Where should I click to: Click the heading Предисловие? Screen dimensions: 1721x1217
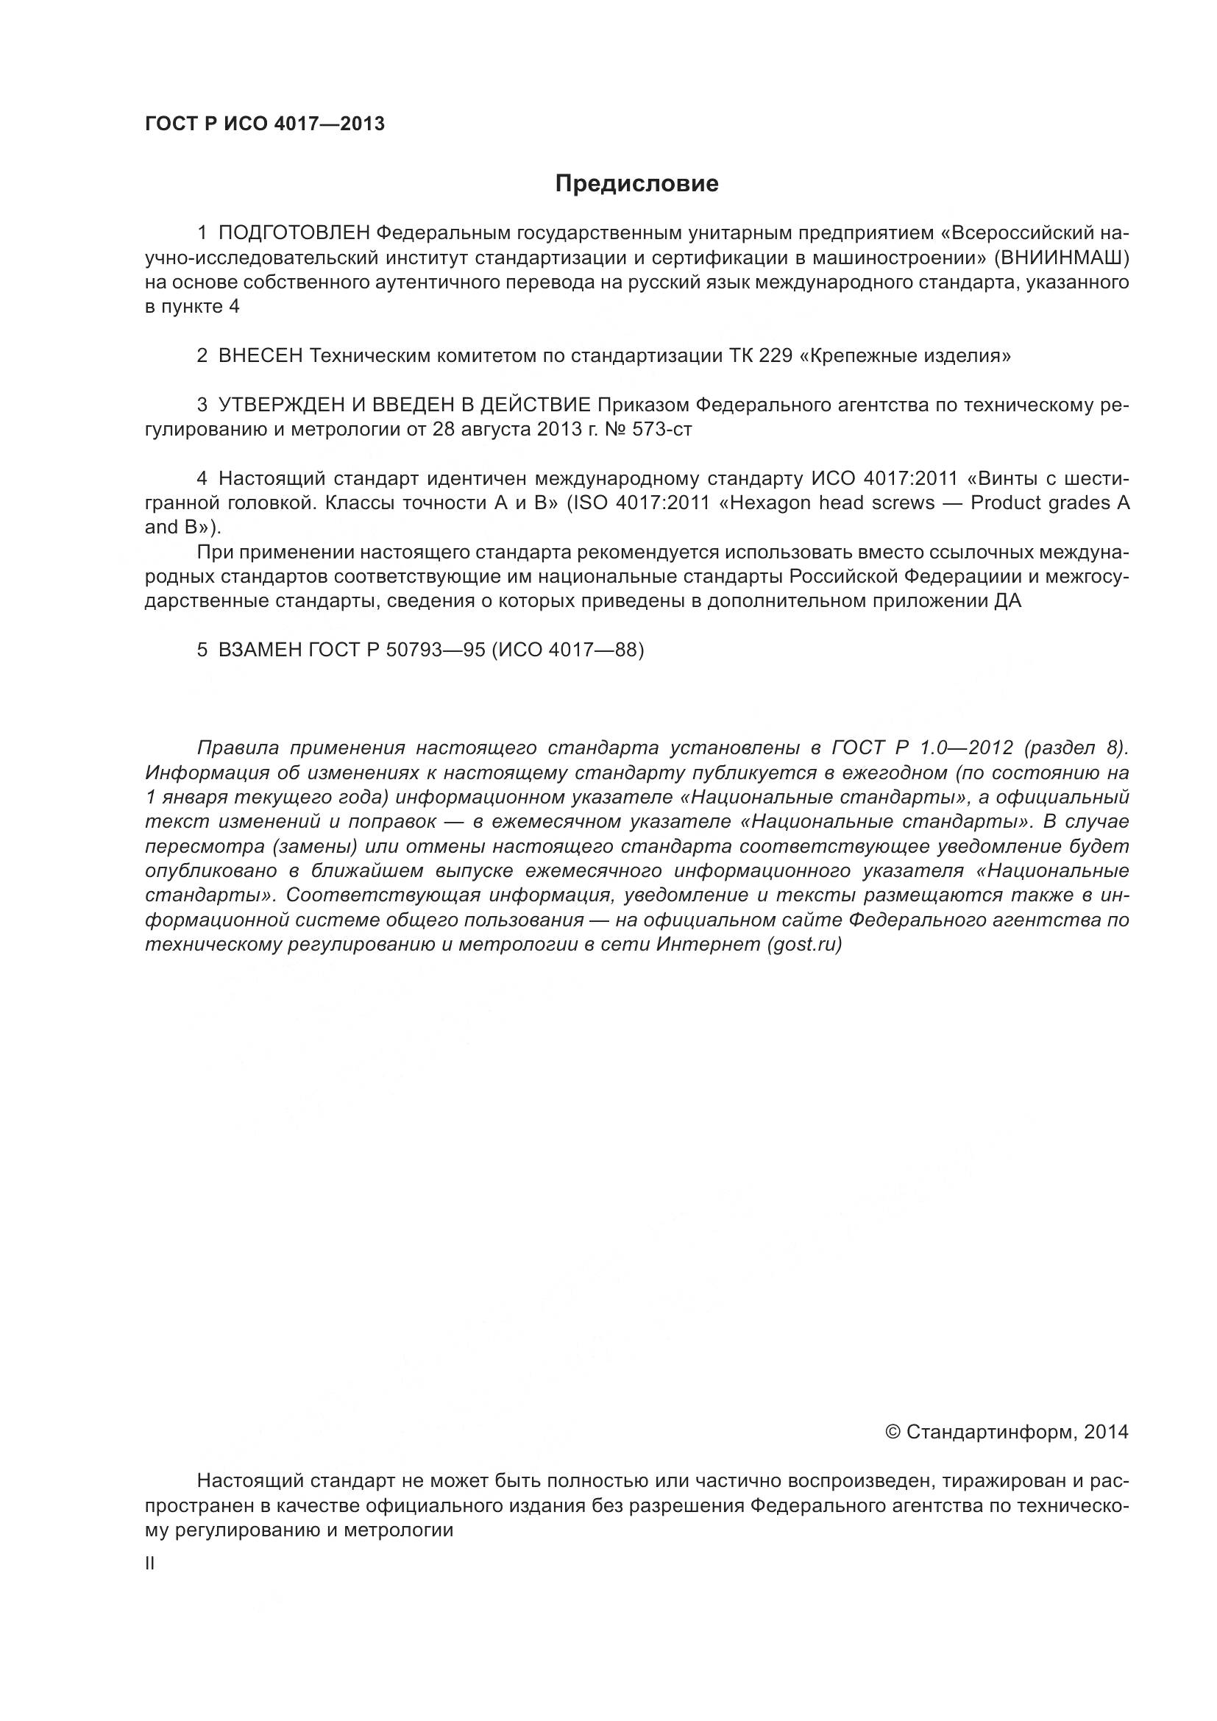636,184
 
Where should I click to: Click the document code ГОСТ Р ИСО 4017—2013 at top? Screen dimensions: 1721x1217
265,124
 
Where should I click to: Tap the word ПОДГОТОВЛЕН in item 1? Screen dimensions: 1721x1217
294,233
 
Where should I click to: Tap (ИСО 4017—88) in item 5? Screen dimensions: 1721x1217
567,650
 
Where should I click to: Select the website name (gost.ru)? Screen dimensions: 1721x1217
804,945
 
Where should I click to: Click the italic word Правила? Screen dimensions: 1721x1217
238,748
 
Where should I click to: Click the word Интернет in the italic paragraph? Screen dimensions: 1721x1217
707,945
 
